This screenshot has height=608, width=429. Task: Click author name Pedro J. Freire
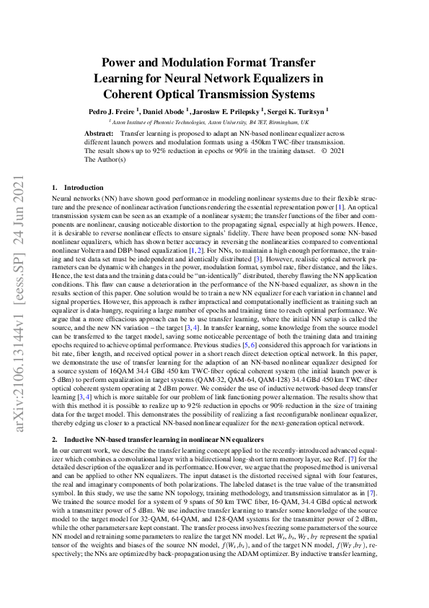tap(112, 112)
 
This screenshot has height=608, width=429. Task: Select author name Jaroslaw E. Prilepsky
tap(228, 112)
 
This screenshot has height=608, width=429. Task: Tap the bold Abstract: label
tap(99, 134)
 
